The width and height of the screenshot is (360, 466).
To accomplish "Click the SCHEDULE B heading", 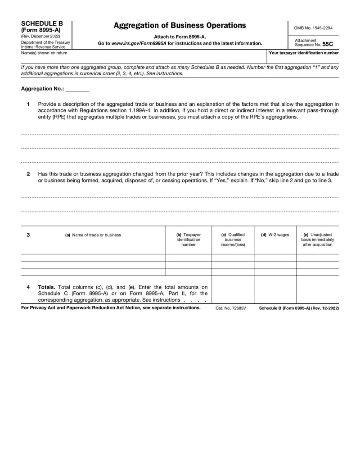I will coord(42,23).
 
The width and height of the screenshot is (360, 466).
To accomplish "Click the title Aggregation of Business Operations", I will coord(180,25).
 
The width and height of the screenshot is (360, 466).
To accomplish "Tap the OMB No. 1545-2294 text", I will coord(313,28).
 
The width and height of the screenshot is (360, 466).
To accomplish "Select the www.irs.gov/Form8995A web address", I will coord(139,43).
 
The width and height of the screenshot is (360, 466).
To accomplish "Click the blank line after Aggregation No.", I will coord(77,89).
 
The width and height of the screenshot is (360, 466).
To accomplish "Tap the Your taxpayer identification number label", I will coord(304,53).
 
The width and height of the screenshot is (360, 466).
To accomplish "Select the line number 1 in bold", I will coord(28,104).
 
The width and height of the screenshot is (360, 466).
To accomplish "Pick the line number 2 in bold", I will coord(28,174).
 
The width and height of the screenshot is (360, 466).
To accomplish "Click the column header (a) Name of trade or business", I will coord(93,235).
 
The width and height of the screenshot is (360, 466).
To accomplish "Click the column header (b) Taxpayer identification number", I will coord(188,240).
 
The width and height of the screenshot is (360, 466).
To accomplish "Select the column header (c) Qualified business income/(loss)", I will coord(233,240).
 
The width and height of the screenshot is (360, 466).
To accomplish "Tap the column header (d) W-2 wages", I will coord(275,235).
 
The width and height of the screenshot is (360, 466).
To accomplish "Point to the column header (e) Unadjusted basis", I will coord(317,240).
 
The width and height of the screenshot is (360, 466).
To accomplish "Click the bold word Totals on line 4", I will coord(47,286).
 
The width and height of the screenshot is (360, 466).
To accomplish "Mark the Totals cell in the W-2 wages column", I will coord(275,289).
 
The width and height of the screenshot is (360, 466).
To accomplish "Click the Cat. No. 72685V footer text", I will coord(231,308).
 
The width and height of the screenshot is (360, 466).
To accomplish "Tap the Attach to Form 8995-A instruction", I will coord(180,36).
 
